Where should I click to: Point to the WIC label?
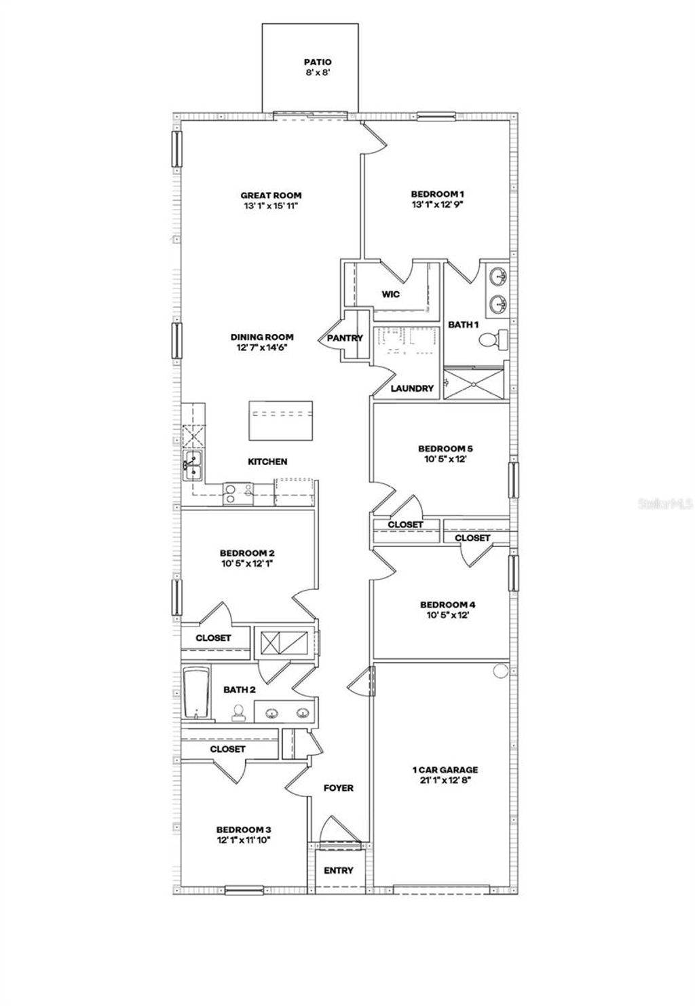[x=390, y=295]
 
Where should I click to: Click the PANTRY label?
[x=345, y=338]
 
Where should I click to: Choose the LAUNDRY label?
[x=412, y=389]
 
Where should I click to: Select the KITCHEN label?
[x=267, y=462]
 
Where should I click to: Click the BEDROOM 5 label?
[x=445, y=449]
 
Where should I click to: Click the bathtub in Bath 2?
[x=194, y=693]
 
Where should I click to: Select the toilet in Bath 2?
[x=239, y=712]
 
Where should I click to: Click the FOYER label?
[x=338, y=788]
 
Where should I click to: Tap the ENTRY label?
[x=338, y=870]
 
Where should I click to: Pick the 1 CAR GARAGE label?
[x=445, y=770]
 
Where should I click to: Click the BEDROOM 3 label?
[x=244, y=830]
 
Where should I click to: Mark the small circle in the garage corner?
[x=500, y=670]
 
